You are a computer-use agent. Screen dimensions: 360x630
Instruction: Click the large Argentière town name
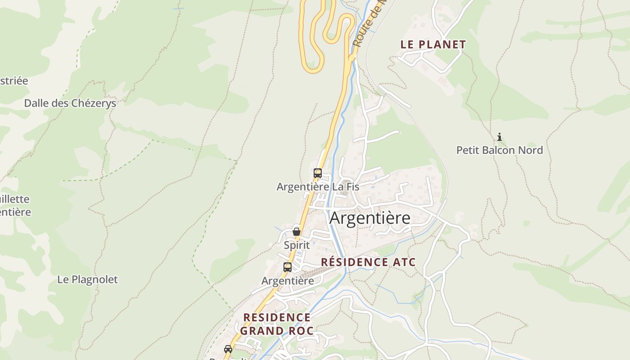[370, 218]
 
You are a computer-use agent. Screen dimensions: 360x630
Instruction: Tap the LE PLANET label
[433, 45]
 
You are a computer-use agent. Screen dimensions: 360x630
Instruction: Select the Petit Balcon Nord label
[499, 150]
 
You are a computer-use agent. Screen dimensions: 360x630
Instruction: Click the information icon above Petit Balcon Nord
[499, 137]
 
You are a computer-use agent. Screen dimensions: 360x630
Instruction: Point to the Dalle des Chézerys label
[70, 103]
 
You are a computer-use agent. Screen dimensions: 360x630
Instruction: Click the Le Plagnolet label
[87, 279]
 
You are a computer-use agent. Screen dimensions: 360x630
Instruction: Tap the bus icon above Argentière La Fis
[318, 173]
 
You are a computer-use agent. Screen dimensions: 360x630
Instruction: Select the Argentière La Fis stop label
[318, 187]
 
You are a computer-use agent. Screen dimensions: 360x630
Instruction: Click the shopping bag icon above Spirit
[297, 232]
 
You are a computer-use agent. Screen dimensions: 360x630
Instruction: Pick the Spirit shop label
[297, 245]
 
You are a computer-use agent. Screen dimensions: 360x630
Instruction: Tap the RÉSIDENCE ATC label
[368, 262]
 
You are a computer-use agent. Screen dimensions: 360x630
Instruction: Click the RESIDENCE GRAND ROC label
[277, 324]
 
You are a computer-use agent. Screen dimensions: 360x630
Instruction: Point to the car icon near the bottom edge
[228, 349]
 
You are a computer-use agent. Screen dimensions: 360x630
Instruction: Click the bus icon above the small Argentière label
[288, 267]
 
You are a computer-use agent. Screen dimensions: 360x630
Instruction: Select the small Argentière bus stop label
[288, 281]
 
